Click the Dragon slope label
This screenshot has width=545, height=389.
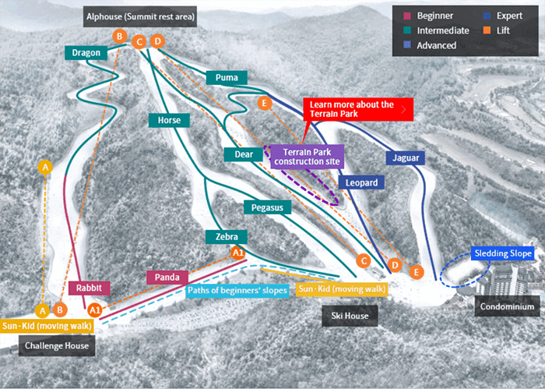coord(86,52)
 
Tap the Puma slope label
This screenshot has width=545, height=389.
coord(227,77)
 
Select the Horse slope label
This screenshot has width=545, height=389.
coord(169,120)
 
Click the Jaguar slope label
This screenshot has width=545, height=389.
coord(405,158)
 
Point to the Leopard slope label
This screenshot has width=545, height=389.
coord(360,182)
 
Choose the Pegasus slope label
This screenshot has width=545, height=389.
coord(267,207)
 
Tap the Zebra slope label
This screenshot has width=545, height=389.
coord(226,236)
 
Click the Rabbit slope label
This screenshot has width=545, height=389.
coord(90,288)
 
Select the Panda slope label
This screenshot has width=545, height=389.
coord(167,277)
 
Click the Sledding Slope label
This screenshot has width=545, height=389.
coord(503,254)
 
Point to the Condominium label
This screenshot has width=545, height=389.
coord(507,308)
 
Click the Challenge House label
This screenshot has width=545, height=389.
coord(56,345)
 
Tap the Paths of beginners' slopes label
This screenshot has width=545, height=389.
coord(237,291)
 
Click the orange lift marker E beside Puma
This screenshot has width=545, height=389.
coord(265,103)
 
